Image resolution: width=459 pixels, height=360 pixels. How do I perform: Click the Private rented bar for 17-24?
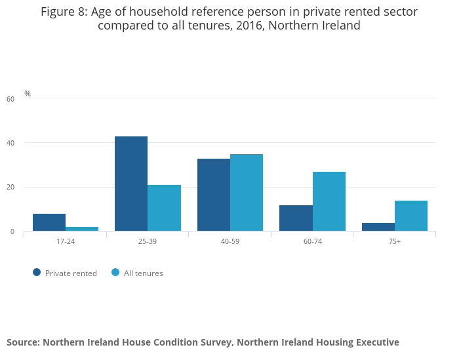pos(49,222)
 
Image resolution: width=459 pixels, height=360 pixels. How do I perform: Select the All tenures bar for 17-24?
pos(82,229)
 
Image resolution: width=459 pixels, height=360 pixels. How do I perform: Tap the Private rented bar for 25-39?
pos(131,184)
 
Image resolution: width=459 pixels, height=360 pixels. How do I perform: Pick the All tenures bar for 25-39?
pos(164,208)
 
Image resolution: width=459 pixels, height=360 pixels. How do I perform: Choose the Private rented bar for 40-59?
pos(214,195)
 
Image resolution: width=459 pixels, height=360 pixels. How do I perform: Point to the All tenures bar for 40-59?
pos(247,193)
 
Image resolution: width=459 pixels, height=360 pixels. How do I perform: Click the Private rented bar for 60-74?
pos(296,218)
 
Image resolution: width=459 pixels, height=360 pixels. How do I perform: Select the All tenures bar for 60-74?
pos(329,201)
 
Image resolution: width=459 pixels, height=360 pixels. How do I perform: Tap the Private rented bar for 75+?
pos(378,227)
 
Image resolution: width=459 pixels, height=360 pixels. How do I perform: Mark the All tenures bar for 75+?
pos(411,216)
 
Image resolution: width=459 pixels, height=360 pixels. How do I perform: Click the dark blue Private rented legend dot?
pos(37,273)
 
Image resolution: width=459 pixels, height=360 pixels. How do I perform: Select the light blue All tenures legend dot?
pos(115,273)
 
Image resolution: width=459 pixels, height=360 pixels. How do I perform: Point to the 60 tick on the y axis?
pos(10,99)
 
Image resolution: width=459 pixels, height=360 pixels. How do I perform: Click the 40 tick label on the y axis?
pos(10,143)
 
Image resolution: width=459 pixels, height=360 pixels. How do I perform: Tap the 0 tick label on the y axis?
pos(12,232)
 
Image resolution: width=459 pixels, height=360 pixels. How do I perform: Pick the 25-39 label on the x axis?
pos(148,241)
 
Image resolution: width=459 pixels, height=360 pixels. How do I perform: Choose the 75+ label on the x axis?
pos(395,241)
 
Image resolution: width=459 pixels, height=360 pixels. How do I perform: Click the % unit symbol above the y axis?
pos(28,93)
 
